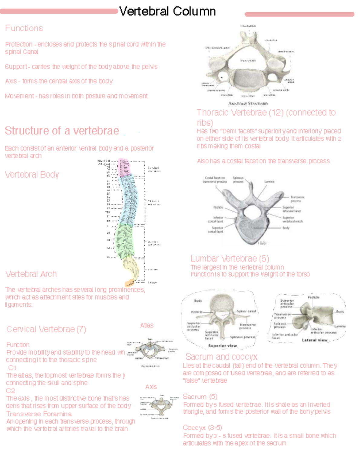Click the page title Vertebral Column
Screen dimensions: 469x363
point(167,12)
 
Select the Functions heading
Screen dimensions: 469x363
point(24,28)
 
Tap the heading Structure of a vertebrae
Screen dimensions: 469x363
point(62,131)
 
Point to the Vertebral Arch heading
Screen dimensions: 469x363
point(31,274)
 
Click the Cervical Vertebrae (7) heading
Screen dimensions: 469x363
point(46,329)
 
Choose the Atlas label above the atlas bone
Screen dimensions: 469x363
point(147,325)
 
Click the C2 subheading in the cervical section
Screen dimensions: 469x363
point(11,391)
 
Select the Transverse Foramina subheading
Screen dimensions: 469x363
point(39,414)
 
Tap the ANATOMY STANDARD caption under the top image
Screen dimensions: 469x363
point(248,104)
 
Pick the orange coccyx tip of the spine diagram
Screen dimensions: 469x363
point(129,283)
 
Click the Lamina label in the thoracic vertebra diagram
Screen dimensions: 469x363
point(269,182)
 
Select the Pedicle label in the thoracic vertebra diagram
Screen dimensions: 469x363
point(218,207)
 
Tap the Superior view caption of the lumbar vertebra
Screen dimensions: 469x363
point(222,345)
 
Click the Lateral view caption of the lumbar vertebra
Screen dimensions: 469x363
point(315,340)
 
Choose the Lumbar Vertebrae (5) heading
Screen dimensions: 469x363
point(230,258)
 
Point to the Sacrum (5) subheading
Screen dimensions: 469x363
point(200,397)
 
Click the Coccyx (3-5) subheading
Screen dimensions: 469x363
point(202,428)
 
